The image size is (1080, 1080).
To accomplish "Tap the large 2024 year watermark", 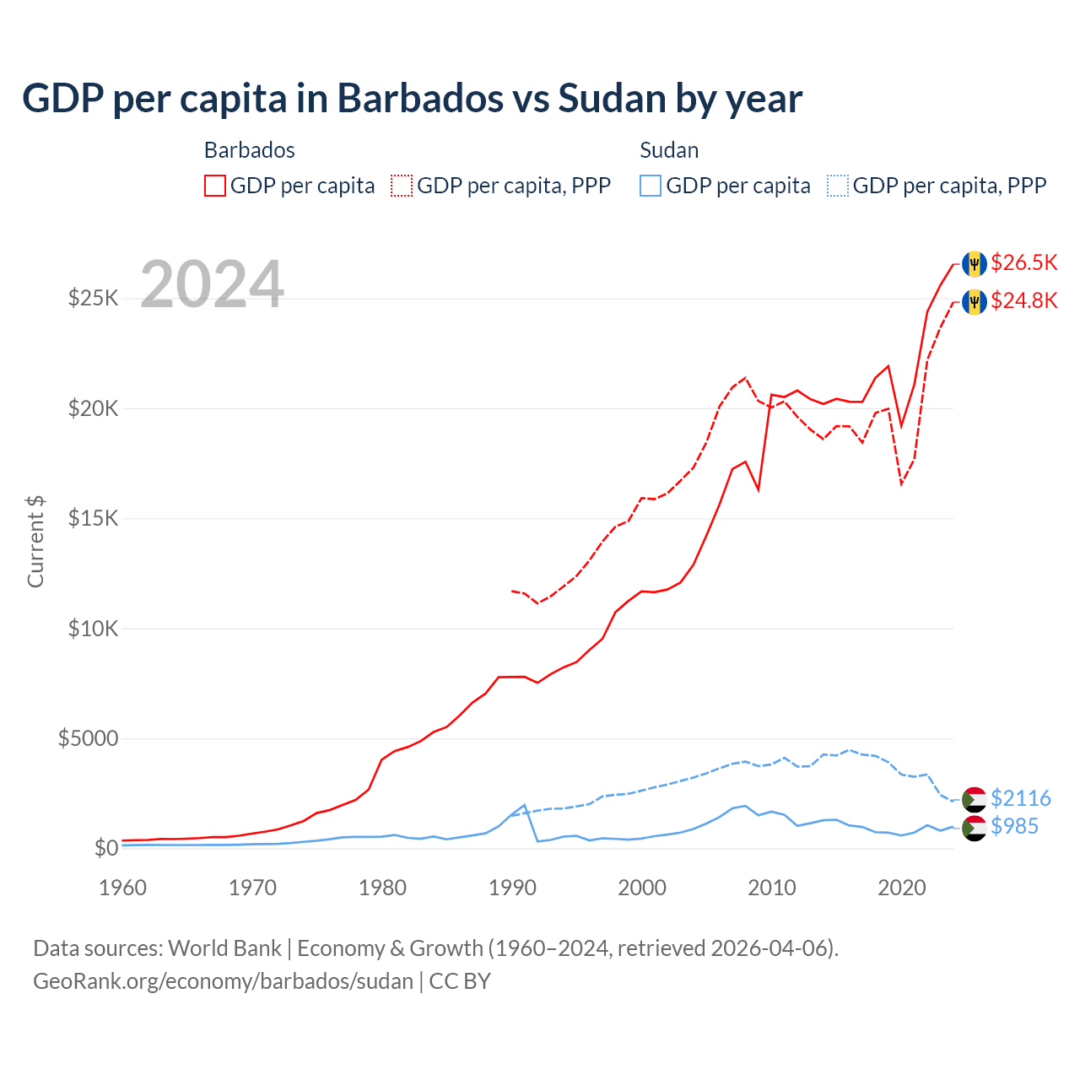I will (212, 284).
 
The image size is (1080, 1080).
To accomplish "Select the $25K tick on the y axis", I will (93, 298).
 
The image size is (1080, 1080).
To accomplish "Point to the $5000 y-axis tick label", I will (88, 738).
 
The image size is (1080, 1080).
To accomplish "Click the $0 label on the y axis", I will (105, 848).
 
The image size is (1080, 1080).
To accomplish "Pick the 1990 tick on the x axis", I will (512, 888).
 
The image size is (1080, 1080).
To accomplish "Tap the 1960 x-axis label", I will (123, 888).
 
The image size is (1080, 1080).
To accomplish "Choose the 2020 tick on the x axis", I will (901, 888).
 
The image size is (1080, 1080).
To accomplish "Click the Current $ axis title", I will (35, 541).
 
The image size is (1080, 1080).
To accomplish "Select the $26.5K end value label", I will (1023, 262).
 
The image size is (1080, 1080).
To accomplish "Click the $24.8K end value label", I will (1023, 300).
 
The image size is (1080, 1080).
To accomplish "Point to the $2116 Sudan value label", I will (1020, 798).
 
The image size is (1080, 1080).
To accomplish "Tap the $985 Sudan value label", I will (1014, 826).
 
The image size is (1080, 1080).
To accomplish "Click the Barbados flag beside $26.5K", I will (975, 263).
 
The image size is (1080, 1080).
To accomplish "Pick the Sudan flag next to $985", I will (975, 828).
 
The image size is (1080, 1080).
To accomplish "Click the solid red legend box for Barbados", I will (215, 186).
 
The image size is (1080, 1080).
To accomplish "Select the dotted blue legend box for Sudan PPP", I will (838, 186).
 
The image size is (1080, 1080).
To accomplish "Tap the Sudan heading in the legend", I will (669, 150).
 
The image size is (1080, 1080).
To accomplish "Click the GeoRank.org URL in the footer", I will (223, 981).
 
